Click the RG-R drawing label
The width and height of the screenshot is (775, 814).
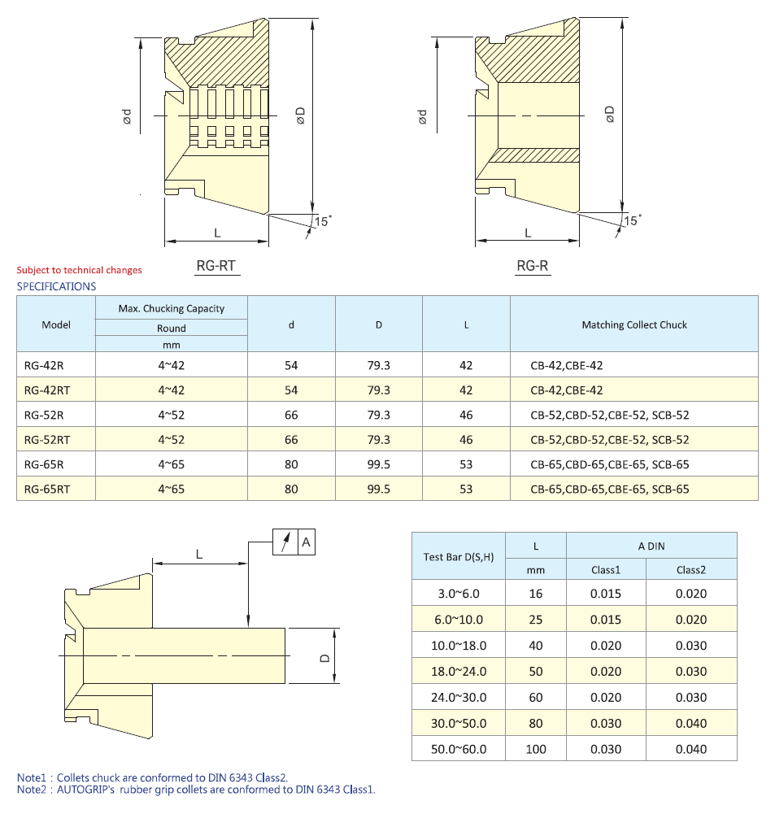point(533,265)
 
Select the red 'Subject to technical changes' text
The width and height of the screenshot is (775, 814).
point(79,270)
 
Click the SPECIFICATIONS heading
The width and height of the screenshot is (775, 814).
point(56,286)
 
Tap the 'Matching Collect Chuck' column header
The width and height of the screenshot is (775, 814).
point(634,324)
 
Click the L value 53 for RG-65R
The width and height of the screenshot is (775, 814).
point(466,464)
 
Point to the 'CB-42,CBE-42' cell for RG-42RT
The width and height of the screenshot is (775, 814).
point(567,390)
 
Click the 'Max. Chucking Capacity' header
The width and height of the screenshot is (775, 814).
point(172,308)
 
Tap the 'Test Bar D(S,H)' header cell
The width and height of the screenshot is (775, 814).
point(459,557)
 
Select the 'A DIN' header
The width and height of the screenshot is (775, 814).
point(651,546)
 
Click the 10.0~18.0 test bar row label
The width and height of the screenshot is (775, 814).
point(459,646)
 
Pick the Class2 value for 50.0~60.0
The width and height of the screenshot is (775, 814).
point(691,749)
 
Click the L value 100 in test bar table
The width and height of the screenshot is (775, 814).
point(536,749)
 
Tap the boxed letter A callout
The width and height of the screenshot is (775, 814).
point(306,542)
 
